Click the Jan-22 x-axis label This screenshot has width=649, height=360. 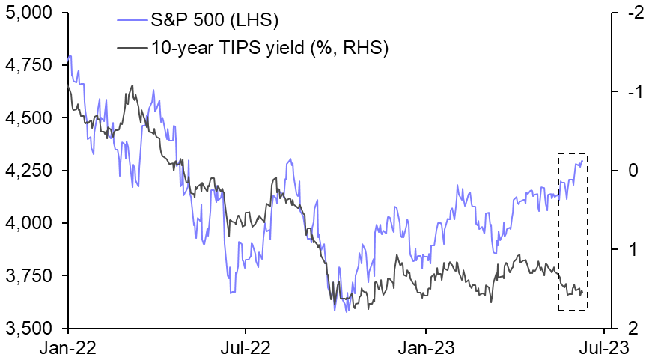coord(68,347)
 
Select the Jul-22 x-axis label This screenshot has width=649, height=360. coord(246,347)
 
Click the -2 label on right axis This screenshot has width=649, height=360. coord(631,13)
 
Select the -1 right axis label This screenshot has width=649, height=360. coord(631,92)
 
